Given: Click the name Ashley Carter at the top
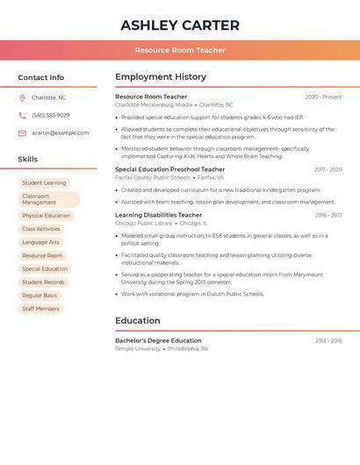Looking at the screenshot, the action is (x=180, y=25).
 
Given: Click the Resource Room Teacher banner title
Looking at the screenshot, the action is (x=180, y=50).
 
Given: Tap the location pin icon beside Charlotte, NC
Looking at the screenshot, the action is (x=22, y=97).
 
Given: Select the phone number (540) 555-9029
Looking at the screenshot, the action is (x=50, y=115).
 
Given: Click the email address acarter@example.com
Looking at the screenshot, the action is (x=60, y=132).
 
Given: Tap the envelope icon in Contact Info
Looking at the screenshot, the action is (x=22, y=132).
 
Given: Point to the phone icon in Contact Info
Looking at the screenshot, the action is (x=22, y=115).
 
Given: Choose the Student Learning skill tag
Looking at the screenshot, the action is (x=44, y=182).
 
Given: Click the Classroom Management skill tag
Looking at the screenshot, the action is (x=48, y=199).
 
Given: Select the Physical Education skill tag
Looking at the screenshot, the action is (x=46, y=215).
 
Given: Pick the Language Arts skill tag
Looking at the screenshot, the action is (x=40, y=242).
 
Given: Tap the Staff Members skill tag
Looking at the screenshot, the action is (x=40, y=309).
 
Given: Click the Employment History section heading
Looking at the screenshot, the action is (x=161, y=77).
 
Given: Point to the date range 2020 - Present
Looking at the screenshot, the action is (x=323, y=97).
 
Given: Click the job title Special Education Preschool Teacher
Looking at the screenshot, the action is (x=169, y=169).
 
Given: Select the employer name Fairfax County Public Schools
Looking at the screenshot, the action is (x=153, y=177).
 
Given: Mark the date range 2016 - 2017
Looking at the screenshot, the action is (x=328, y=215).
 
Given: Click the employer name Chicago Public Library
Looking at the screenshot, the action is (x=144, y=223).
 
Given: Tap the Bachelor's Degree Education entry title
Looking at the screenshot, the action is (x=158, y=340).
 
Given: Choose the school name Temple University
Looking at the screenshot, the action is (x=138, y=348).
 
